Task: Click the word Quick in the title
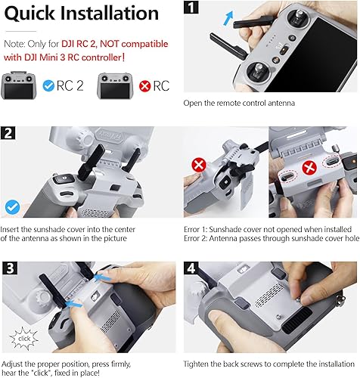click(x=35, y=13)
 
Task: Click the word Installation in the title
click(x=112, y=13)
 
